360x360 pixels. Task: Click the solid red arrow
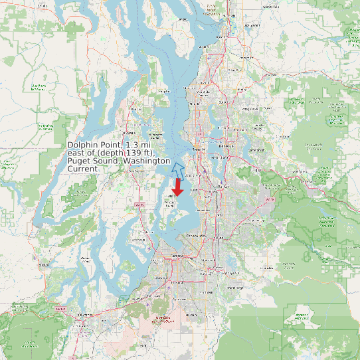pyautogui.click(x=178, y=185)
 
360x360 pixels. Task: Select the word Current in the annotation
pyautogui.click(x=82, y=169)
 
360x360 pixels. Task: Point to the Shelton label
pyautogui.click(x=45, y=264)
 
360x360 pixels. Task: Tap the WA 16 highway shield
pyautogui.click(x=139, y=205)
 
